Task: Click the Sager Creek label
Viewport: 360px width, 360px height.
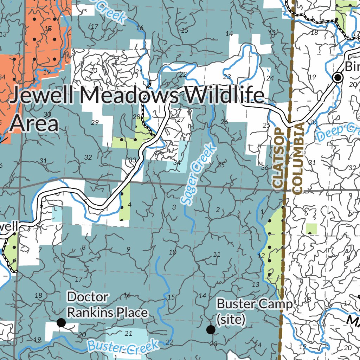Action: pyautogui.click(x=199, y=174)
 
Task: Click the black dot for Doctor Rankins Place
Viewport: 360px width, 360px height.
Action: pyautogui.click(x=61, y=322)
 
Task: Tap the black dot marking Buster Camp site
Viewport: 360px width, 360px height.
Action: pyautogui.click(x=211, y=329)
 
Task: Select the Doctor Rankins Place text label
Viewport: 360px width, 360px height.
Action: pyautogui.click(x=107, y=304)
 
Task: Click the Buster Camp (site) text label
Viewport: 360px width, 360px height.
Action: pyautogui.click(x=254, y=311)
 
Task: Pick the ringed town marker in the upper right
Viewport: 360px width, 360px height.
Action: pyautogui.click(x=338, y=77)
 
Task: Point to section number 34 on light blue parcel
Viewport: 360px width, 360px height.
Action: pyautogui.click(x=177, y=163)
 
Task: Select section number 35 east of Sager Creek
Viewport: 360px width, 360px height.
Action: pyautogui.click(x=221, y=165)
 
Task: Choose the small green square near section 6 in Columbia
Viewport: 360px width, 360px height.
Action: pyautogui.click(x=311, y=229)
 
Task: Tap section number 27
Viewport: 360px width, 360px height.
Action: pyautogui.click(x=180, y=119)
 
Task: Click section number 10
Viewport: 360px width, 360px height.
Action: pyautogui.click(x=172, y=252)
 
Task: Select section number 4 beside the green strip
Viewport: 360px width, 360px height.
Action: pyautogui.click(x=130, y=205)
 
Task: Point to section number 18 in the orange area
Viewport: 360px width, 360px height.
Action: pyautogui.click(x=48, y=28)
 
